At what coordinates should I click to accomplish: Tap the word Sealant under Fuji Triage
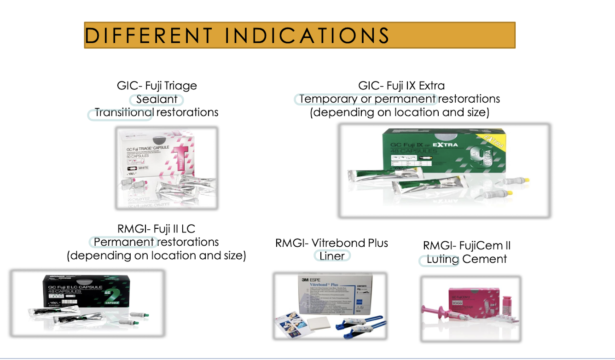[157, 99]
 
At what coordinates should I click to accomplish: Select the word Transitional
[123, 112]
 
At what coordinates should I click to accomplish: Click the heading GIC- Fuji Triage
[157, 86]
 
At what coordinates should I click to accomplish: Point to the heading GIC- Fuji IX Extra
[401, 86]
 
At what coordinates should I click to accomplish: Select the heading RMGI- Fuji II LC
[157, 229]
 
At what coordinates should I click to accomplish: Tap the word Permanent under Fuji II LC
[124, 242]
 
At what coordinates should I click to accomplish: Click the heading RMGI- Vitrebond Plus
[331, 243]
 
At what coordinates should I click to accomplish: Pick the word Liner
[332, 256]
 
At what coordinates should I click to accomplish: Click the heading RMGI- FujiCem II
[467, 245]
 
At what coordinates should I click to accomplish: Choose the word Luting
[442, 259]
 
